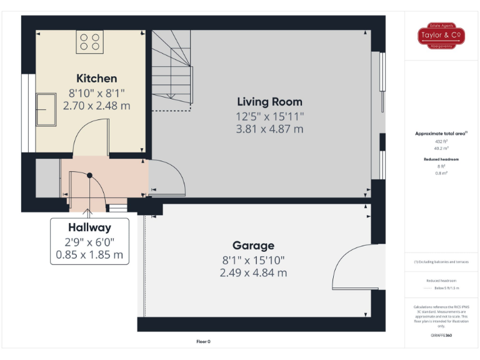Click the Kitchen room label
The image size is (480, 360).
click(96, 78)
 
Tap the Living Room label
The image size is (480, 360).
click(269, 102)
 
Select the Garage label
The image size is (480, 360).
click(253, 246)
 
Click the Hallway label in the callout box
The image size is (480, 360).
click(89, 227)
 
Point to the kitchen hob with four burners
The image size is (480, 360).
click(89, 42)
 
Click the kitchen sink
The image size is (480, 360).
click(45, 110)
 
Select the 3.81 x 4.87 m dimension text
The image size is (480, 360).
click(269, 129)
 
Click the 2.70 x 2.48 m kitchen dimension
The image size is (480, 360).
click(97, 106)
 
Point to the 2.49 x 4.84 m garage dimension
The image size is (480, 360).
click(253, 272)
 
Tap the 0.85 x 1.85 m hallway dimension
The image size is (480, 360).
click(89, 255)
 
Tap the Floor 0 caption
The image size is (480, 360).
click(204, 342)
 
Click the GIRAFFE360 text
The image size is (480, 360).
click(441, 336)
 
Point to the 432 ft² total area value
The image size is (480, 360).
click(442, 142)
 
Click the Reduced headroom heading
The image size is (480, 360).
click(442, 160)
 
